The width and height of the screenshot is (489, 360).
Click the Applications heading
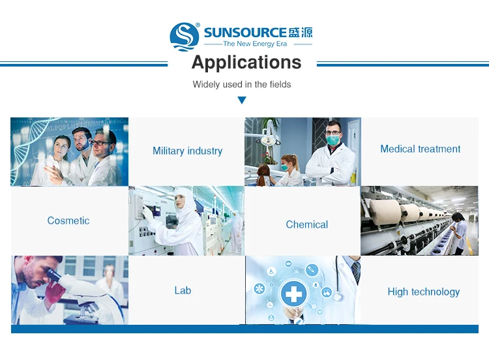coord(246,63)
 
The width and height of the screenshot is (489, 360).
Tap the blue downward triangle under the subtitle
coord(242,100)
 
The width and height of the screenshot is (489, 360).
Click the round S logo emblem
coord(185,36)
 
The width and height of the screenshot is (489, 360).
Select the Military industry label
coord(187,151)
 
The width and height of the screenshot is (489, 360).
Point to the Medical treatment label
coord(420,149)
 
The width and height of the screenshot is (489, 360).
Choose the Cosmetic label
coord(68,220)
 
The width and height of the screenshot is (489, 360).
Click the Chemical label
coord(307,224)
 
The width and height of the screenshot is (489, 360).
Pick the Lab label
coord(183,290)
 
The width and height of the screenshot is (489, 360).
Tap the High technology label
coord(424,292)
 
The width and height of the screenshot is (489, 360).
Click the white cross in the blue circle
coord(294,293)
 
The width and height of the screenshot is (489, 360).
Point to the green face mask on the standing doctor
coord(333,140)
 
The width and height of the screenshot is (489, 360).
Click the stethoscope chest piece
coord(337,296)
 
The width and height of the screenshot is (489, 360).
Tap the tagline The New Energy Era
coord(255,44)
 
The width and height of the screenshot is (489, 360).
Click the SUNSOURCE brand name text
coord(245,33)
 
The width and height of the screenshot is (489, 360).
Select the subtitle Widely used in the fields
coord(242,84)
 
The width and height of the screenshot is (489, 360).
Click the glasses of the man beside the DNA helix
coord(100,143)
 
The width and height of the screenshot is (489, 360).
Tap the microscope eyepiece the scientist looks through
coord(53,275)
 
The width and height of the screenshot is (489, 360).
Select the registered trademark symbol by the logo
coord(198,25)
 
